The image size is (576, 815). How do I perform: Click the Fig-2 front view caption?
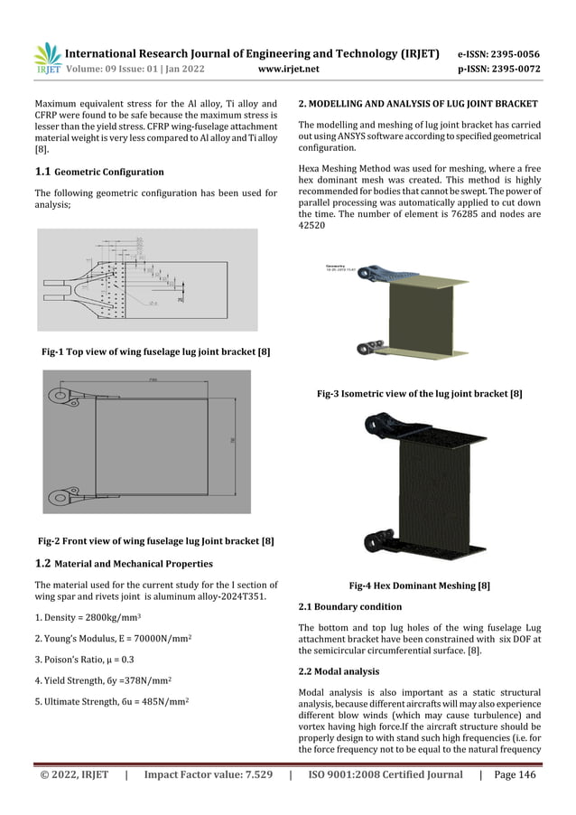tap(155, 541)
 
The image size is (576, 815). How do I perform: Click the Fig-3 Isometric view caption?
tap(420, 394)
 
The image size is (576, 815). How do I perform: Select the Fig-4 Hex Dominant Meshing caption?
tap(420, 585)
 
